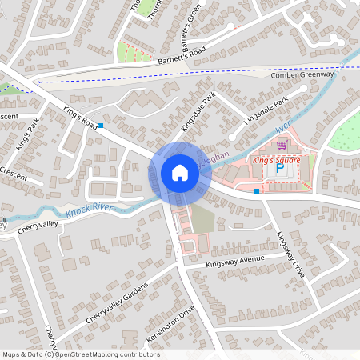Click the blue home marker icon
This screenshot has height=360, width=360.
click(x=179, y=173)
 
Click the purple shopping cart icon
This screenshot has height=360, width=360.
click(x=282, y=146)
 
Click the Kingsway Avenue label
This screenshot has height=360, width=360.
click(x=234, y=262)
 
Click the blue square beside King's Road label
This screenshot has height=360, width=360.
click(x=101, y=126)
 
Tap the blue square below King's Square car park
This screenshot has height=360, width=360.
click(x=256, y=190)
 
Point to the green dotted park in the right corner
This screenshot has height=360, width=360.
click(x=346, y=132)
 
